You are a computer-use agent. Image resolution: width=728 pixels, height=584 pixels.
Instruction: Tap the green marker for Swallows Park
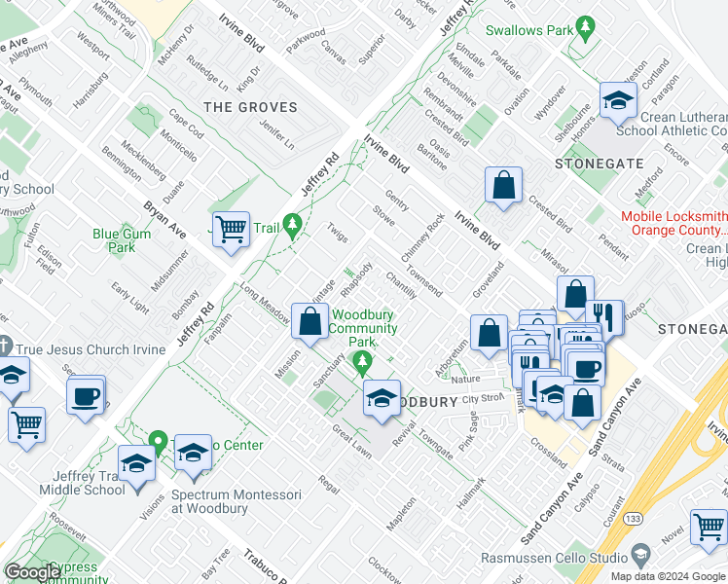[x=585, y=31]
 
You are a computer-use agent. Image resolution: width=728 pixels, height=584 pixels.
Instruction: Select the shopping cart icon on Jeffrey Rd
[x=231, y=231]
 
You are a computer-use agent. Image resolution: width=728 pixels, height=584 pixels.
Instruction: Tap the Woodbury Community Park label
[x=362, y=328]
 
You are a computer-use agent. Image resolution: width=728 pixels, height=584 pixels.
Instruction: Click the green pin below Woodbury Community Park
[x=363, y=363]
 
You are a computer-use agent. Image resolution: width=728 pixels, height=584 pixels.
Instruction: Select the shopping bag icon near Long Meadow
[x=309, y=322]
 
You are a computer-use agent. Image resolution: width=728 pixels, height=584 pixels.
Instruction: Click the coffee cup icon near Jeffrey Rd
[x=87, y=396]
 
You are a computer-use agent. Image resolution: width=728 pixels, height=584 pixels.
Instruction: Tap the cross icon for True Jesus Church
[x=6, y=347]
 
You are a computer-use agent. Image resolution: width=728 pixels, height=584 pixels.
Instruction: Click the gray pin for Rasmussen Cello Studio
[x=639, y=556]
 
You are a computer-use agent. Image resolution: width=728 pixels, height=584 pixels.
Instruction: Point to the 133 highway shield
[x=633, y=515]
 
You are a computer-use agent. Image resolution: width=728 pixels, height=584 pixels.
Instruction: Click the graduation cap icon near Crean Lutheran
[x=617, y=100]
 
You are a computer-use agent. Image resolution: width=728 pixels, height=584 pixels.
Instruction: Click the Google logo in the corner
[x=32, y=572]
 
